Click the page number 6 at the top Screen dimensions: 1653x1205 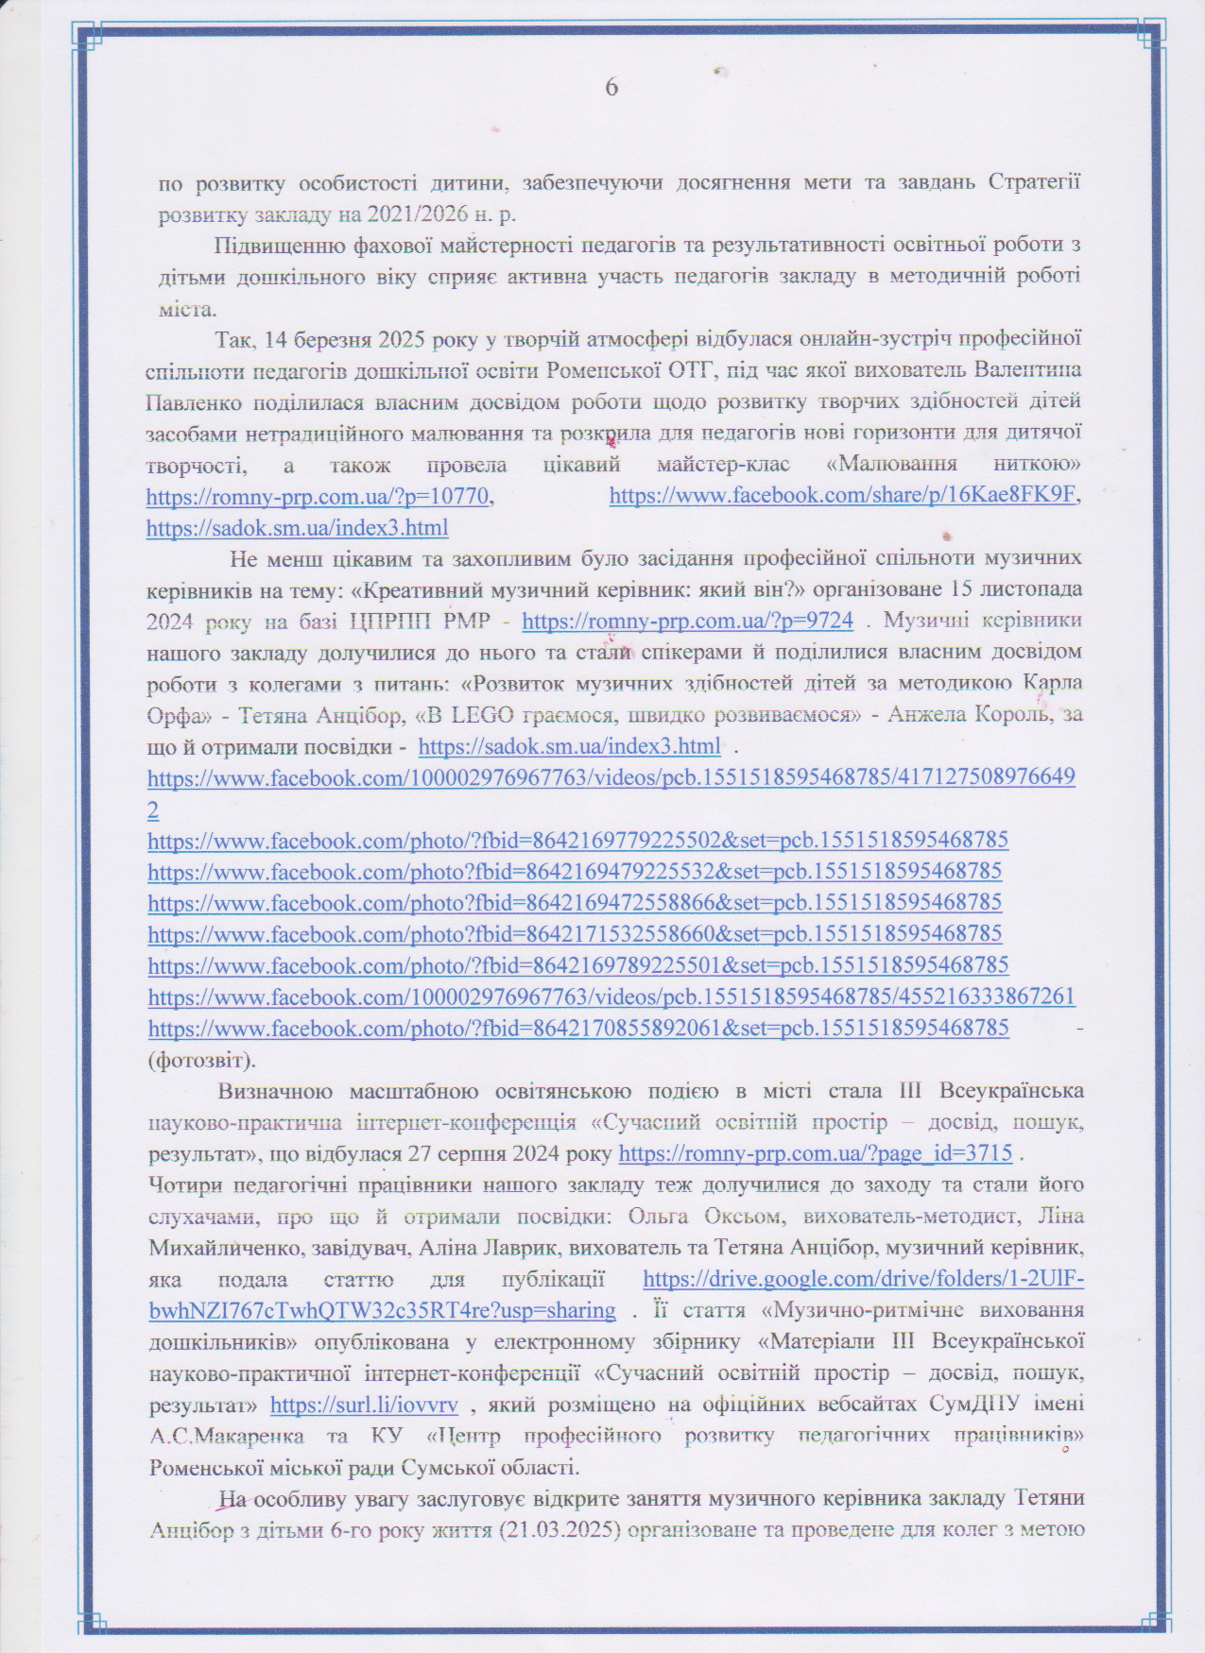point(611,88)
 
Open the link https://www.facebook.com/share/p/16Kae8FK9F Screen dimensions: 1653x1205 point(842,496)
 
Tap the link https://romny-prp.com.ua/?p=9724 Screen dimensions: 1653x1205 point(687,621)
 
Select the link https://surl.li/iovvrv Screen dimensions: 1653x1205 point(364,1406)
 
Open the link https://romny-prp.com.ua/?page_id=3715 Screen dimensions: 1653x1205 point(815,1153)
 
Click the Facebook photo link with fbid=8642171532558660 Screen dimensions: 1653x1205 point(575,934)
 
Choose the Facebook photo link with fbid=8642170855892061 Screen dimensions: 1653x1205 point(578,1028)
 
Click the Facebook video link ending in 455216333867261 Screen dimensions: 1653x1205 point(611,997)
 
